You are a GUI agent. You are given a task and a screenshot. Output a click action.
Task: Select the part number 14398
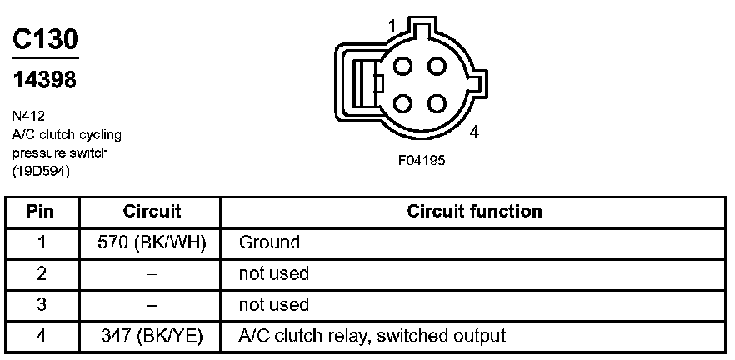click(45, 81)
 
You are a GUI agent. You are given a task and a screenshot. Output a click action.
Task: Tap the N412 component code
click(28, 117)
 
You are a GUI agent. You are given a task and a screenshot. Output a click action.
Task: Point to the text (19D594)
click(41, 172)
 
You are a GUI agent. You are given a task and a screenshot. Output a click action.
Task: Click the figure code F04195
click(422, 161)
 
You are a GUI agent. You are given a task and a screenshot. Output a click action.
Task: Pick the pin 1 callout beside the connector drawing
click(392, 27)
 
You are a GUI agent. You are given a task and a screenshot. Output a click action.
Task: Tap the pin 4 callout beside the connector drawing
click(473, 132)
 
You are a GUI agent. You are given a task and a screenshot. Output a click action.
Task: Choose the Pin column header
click(40, 211)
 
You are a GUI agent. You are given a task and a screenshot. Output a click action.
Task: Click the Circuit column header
click(152, 211)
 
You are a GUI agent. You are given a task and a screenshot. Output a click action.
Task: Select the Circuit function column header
click(474, 211)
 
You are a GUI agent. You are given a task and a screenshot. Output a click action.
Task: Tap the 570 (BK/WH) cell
click(152, 242)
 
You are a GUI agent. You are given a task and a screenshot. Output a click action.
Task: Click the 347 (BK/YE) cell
click(152, 336)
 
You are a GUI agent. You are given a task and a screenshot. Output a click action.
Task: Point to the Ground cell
click(268, 242)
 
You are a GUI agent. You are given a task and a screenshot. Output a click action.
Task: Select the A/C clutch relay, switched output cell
click(372, 336)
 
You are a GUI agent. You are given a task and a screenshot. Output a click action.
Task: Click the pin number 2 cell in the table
click(40, 273)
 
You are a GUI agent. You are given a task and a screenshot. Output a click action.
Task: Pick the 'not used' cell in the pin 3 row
click(273, 304)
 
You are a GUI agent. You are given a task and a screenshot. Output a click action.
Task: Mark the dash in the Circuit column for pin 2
click(152, 273)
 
